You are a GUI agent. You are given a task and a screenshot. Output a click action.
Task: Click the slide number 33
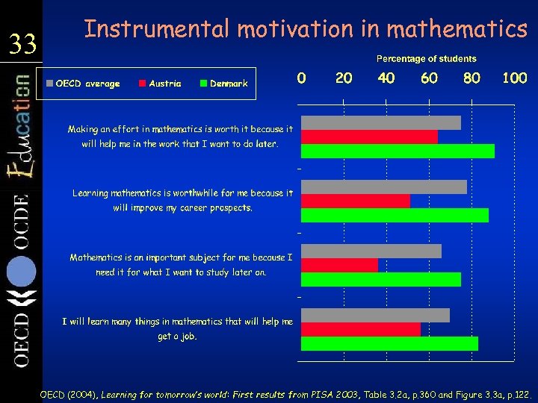(x=22, y=46)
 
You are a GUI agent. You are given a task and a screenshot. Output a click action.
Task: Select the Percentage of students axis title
(x=426, y=58)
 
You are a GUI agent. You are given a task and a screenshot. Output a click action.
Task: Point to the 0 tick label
(x=301, y=78)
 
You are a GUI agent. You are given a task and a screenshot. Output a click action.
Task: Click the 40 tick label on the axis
(x=386, y=78)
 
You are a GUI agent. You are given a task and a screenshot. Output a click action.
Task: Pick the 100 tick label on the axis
(x=514, y=78)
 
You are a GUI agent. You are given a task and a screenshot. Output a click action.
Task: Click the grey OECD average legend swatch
(x=49, y=84)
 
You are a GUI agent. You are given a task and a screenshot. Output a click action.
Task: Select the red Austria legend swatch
(x=142, y=84)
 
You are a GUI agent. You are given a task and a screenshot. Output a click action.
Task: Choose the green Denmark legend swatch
(x=203, y=84)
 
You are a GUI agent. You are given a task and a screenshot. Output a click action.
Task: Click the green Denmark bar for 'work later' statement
(x=398, y=151)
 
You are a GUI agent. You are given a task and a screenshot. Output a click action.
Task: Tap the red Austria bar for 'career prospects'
(x=356, y=201)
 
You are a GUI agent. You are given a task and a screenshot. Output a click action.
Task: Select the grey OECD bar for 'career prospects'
(x=384, y=187)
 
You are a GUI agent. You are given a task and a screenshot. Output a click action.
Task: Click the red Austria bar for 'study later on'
(x=340, y=265)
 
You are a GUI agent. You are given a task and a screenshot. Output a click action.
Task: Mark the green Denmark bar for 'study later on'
(x=381, y=279)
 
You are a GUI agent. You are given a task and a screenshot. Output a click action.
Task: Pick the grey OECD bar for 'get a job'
(x=375, y=315)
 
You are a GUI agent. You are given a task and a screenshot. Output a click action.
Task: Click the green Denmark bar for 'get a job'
(x=389, y=343)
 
